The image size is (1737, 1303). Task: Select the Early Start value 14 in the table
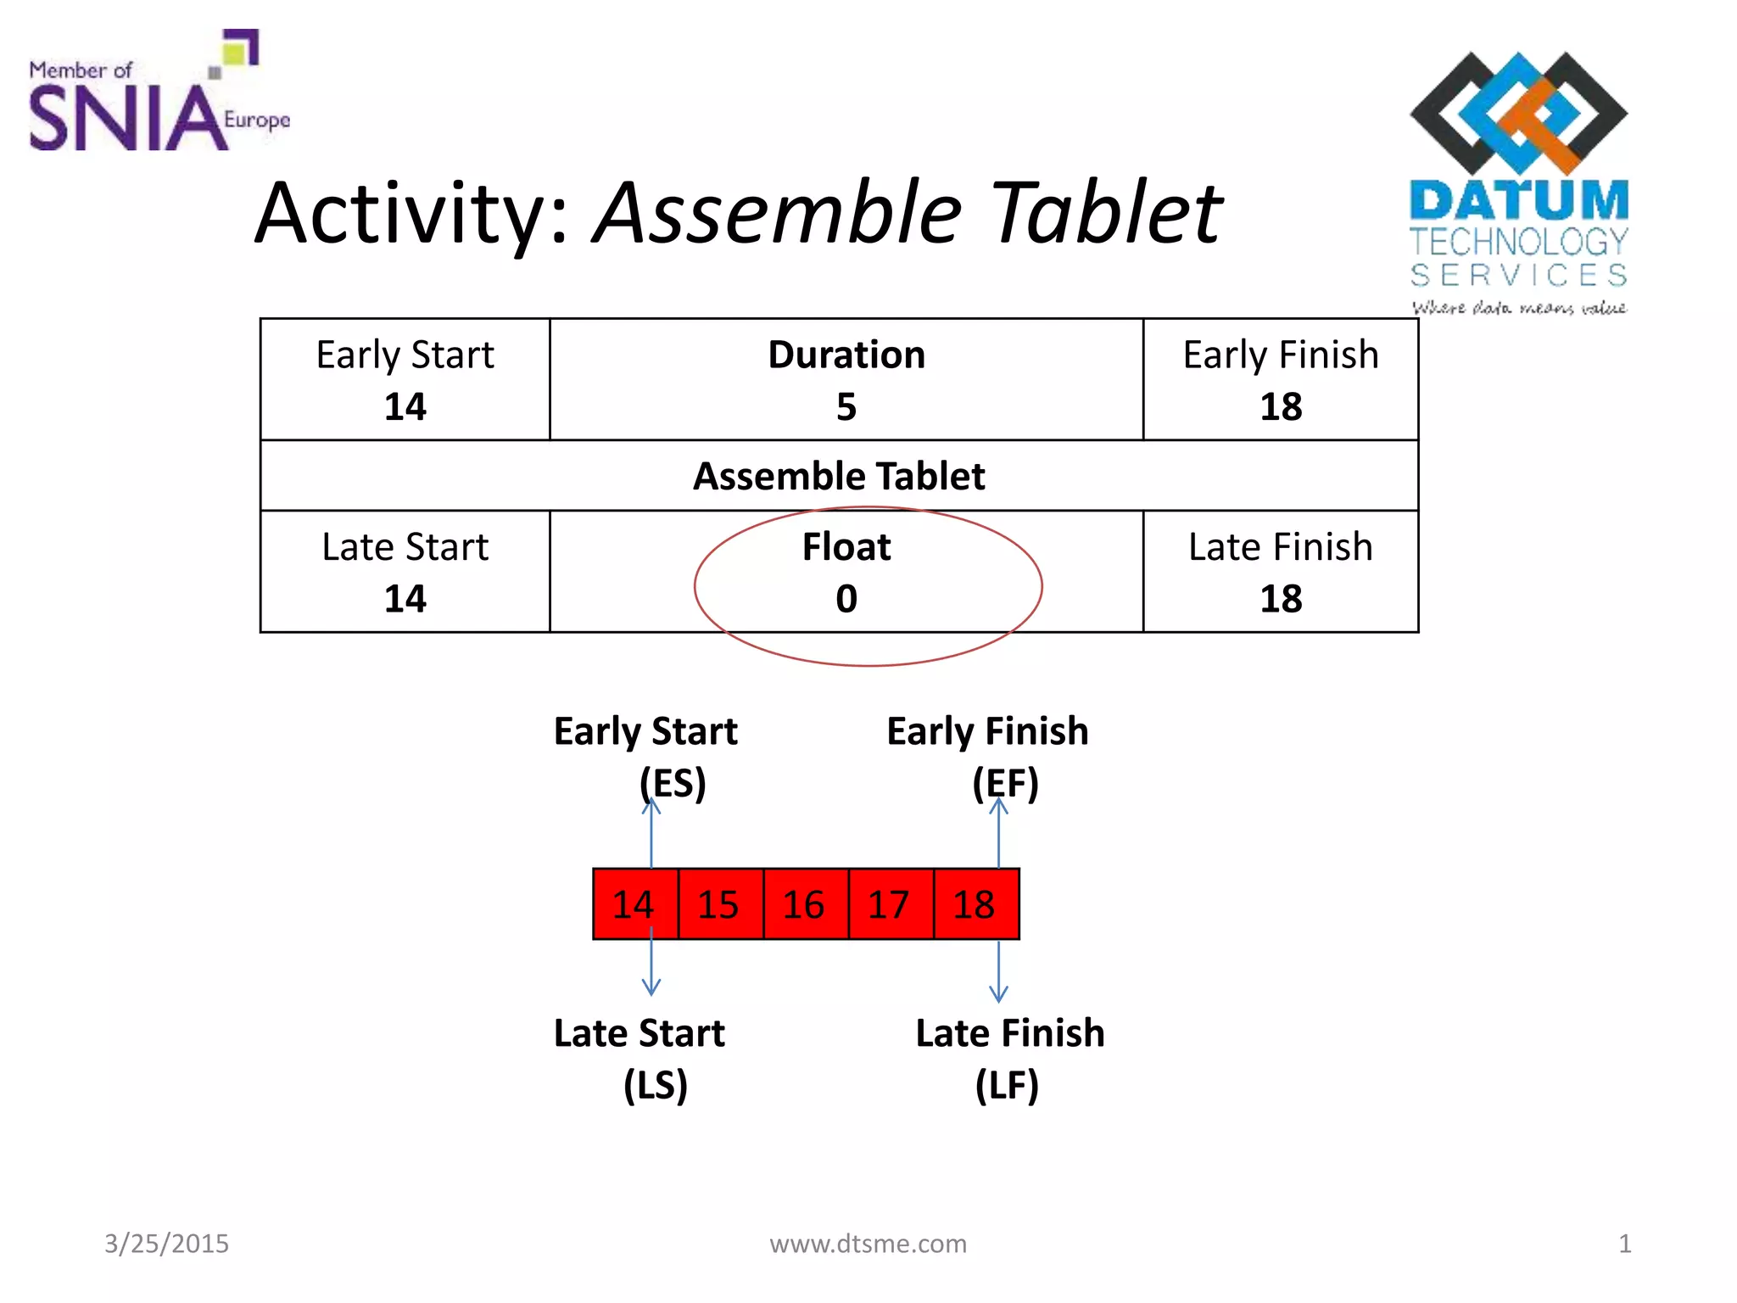click(x=405, y=407)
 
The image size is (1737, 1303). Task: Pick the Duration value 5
click(x=846, y=407)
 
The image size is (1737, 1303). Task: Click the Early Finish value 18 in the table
click(x=1281, y=407)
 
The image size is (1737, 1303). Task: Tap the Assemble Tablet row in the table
click(x=839, y=476)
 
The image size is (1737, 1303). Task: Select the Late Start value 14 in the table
click(x=405, y=600)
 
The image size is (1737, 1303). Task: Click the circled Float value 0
click(x=846, y=600)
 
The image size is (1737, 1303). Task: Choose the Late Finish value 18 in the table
click(x=1281, y=600)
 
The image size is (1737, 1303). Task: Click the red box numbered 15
click(x=719, y=904)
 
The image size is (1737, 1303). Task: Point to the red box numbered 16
click(x=804, y=904)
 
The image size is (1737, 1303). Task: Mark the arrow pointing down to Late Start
click(x=651, y=963)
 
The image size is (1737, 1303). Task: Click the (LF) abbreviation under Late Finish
click(x=1007, y=1086)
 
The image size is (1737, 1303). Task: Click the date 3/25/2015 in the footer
click(x=166, y=1244)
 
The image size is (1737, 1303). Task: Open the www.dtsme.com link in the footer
click(x=868, y=1244)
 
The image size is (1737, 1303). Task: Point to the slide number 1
click(x=1624, y=1244)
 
